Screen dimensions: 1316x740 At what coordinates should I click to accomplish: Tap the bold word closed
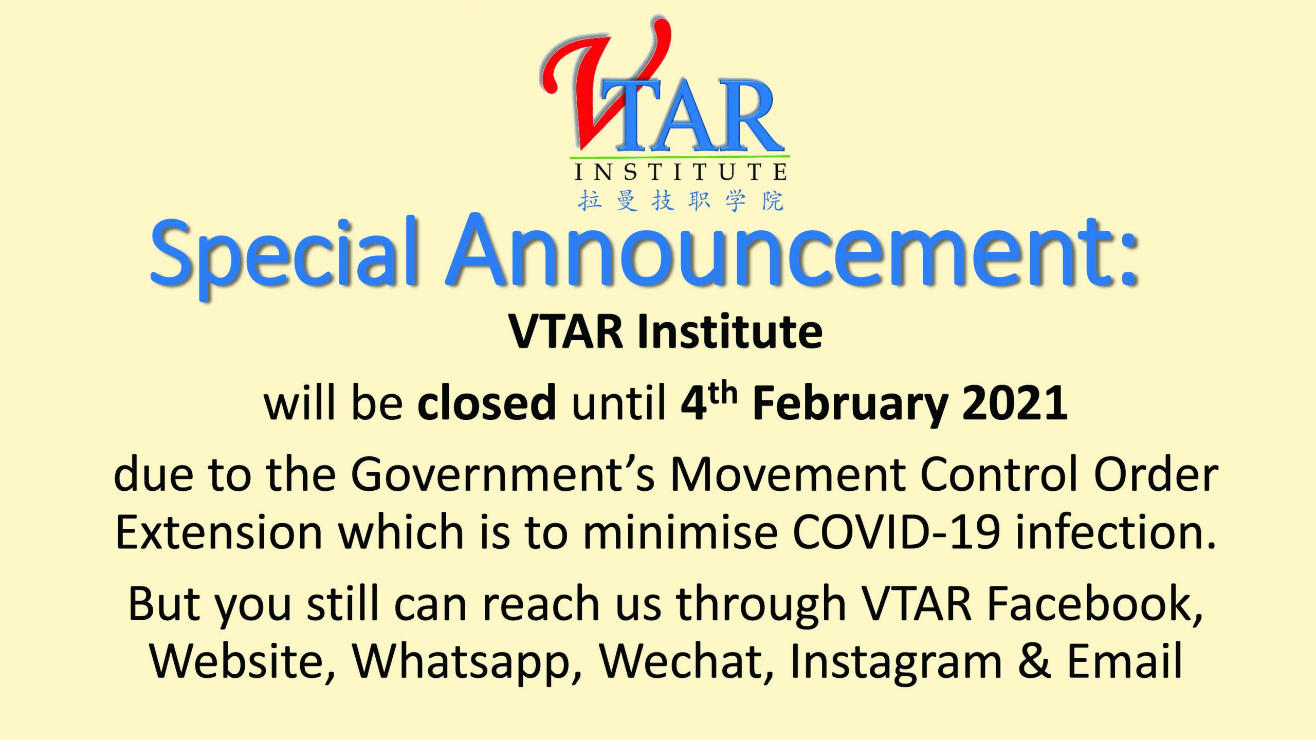(x=486, y=402)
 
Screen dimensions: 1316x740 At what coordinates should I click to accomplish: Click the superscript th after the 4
(x=723, y=393)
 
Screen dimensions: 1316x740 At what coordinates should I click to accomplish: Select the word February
(x=850, y=406)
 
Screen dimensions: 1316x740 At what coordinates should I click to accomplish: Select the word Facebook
(x=1095, y=603)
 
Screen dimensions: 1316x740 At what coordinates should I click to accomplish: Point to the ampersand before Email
(x=1034, y=660)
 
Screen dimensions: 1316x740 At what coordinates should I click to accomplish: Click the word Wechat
(x=687, y=662)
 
